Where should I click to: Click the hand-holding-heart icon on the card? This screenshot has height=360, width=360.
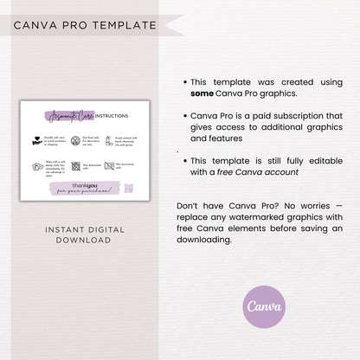pyautogui.click(x=36, y=140)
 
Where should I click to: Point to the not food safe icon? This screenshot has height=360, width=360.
pyautogui.click(x=75, y=140)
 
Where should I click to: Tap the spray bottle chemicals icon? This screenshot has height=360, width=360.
pyautogui.click(x=110, y=140)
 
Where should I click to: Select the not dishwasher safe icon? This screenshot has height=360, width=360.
pyautogui.click(x=75, y=165)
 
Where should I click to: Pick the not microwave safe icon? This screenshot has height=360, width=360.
pyautogui.click(x=110, y=165)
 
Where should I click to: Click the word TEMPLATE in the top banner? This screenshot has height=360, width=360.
pyautogui.click(x=128, y=24)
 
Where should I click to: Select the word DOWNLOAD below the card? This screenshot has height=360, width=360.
pyautogui.click(x=84, y=241)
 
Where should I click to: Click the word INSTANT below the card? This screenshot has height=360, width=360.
pyautogui.click(x=59, y=229)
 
